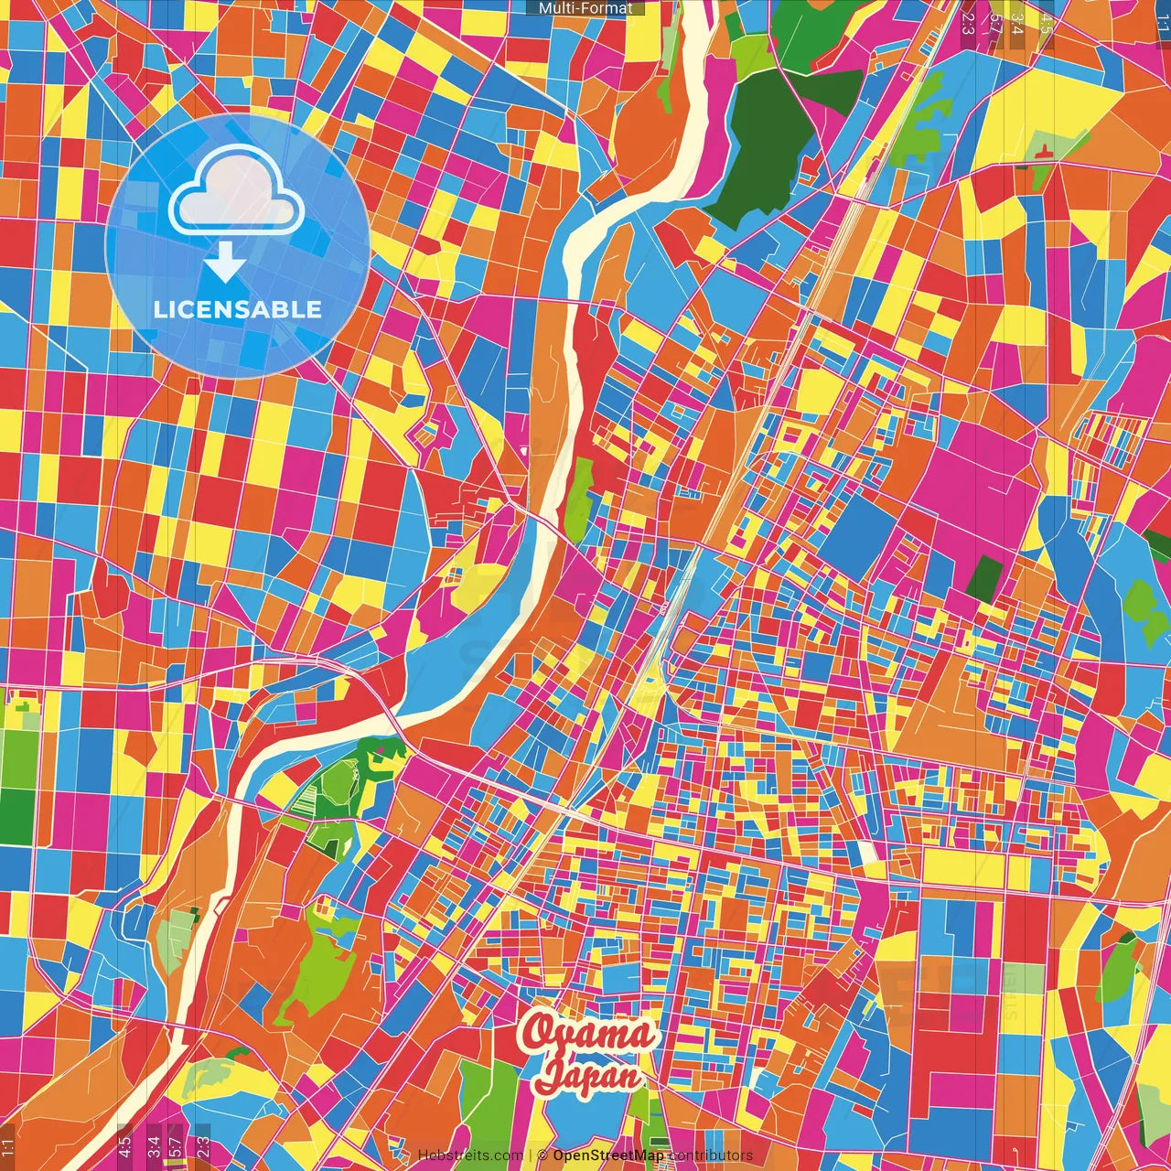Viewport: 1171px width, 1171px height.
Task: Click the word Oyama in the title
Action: pos(588,1033)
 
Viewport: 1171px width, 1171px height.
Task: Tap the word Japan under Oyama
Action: pos(588,1075)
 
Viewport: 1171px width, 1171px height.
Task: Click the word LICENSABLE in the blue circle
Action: pos(238,309)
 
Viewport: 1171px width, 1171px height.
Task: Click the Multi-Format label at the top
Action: pos(585,7)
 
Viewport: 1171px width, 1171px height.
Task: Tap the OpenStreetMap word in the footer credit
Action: pos(608,1155)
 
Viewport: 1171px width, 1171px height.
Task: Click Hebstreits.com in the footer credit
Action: pos(470,1155)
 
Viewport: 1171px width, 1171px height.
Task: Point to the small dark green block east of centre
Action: pos(985,579)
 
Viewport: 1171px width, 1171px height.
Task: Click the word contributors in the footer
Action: pos(711,1155)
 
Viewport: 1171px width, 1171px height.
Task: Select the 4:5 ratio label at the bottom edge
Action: pos(124,1144)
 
